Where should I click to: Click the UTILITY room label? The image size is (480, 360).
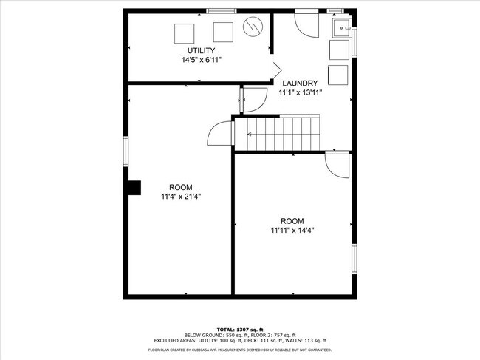pos(201,50)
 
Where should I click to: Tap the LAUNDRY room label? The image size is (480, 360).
pos(298,83)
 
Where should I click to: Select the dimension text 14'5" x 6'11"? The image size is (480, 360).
pos(201,60)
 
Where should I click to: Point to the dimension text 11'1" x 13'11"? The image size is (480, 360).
pos(298,93)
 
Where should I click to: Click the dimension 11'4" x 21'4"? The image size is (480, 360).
pos(181,197)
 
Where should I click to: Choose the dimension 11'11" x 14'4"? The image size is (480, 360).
pos(292,231)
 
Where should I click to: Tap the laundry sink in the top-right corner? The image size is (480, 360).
pos(342,29)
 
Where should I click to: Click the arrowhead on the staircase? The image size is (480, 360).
pos(250,134)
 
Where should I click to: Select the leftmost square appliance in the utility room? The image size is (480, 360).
pos(184,32)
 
